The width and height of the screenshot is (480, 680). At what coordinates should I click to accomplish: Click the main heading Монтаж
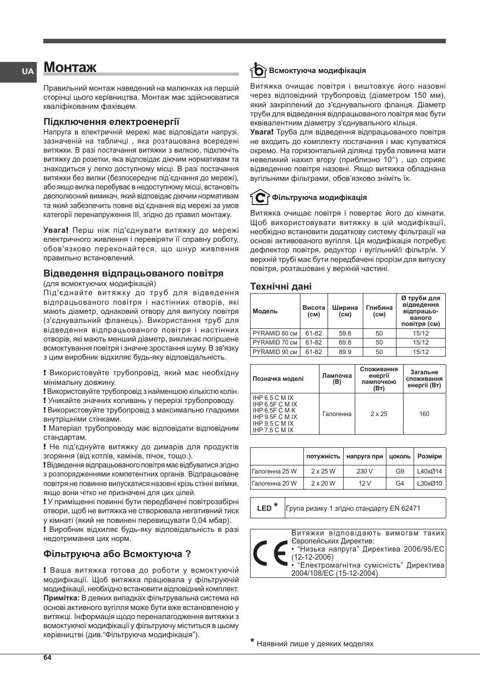(x=70, y=67)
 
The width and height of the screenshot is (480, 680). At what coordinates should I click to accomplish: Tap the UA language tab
(x=28, y=72)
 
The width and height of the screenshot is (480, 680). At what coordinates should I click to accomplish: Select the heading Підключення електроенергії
(x=111, y=121)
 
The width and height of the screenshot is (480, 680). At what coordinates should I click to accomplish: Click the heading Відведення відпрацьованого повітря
(x=133, y=274)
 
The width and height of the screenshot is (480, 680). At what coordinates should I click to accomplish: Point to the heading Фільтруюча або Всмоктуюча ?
(x=117, y=554)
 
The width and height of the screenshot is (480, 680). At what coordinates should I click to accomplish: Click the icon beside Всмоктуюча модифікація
(x=258, y=70)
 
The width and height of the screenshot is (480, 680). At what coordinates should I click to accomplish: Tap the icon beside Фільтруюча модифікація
(x=259, y=197)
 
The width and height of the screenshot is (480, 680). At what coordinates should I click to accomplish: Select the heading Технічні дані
(x=281, y=287)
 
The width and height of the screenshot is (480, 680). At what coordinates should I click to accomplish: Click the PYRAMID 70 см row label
(x=275, y=343)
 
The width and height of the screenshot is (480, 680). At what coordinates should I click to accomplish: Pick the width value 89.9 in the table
(x=345, y=352)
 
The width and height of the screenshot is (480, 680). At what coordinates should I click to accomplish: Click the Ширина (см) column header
(x=345, y=311)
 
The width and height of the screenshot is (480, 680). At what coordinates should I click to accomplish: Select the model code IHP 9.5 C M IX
(x=273, y=424)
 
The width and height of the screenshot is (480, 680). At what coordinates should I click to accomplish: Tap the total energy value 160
(x=424, y=414)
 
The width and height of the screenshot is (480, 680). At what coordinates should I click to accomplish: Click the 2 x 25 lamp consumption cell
(x=378, y=414)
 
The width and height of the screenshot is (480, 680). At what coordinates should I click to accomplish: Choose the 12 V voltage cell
(x=364, y=484)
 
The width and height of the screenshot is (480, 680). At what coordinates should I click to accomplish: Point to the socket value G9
(x=399, y=471)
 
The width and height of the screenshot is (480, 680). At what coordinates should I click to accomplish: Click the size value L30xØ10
(x=429, y=484)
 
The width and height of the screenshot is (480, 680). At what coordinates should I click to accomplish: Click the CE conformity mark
(x=270, y=554)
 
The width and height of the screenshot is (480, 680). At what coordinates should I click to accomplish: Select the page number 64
(x=47, y=657)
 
